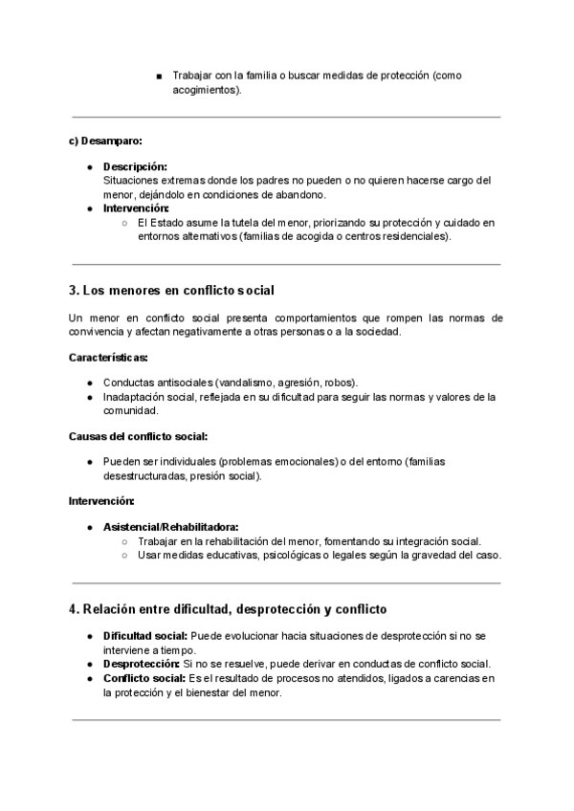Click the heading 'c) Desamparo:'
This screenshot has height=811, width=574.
click(x=105, y=142)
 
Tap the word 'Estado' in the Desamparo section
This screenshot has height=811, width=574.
click(x=169, y=223)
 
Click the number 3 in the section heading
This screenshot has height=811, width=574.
click(x=74, y=290)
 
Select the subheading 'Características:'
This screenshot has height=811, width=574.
click(x=108, y=358)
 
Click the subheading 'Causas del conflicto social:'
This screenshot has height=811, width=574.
click(x=138, y=436)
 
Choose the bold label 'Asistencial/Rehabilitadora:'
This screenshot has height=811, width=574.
click(x=171, y=526)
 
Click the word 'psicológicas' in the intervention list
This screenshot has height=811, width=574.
click(x=295, y=555)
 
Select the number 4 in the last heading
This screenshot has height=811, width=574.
click(x=74, y=608)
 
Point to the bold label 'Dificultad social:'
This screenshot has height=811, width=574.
click(x=145, y=636)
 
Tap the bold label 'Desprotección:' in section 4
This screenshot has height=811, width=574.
click(x=142, y=664)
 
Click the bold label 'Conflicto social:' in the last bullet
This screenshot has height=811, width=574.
click(x=144, y=678)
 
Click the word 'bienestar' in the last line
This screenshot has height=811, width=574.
click(x=216, y=692)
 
